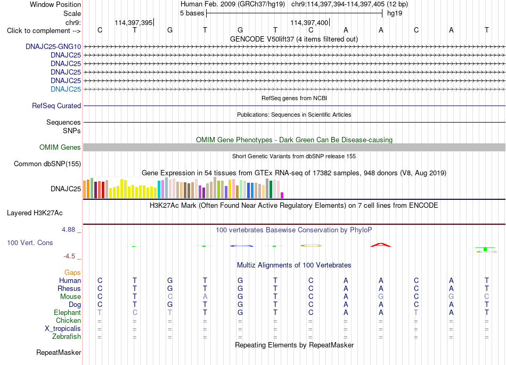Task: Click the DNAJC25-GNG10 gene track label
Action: (x=53, y=46)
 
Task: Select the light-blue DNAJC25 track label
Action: (x=66, y=89)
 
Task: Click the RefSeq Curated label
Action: (x=56, y=106)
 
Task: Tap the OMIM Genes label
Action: (x=60, y=148)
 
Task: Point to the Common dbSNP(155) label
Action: (x=47, y=164)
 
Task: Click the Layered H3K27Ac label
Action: (x=35, y=213)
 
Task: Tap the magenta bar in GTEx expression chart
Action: (x=282, y=195)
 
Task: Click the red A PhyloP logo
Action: (x=381, y=245)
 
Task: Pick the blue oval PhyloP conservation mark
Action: (x=241, y=246)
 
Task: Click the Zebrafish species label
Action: (x=67, y=337)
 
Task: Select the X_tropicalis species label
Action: (x=63, y=329)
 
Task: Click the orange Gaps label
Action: (x=72, y=273)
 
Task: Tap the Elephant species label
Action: (x=68, y=313)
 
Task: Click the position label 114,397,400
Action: (x=309, y=22)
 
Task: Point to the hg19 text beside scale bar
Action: (x=395, y=13)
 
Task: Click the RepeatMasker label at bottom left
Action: (x=59, y=352)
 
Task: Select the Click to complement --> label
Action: (x=44, y=31)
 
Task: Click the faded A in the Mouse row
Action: (x=205, y=297)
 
